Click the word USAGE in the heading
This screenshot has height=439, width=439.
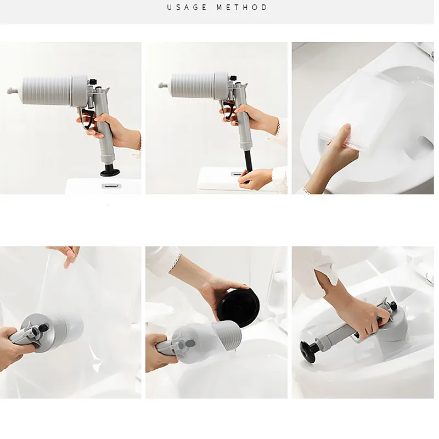point(187,7)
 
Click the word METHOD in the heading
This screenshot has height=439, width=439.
point(242,7)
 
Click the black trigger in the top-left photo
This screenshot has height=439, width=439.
point(88,118)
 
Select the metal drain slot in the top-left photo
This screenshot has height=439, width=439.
point(111,185)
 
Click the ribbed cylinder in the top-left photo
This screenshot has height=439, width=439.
point(47,91)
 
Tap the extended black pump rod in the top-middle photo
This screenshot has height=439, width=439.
point(249,164)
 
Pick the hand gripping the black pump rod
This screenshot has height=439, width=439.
point(255,179)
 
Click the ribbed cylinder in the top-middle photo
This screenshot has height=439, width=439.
point(193,86)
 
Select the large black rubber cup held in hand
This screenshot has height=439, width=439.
point(239,308)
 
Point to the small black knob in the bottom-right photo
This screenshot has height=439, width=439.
point(393,306)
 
